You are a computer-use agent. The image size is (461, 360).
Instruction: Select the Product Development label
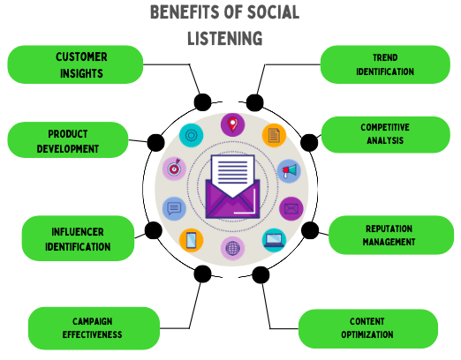tap(67, 140)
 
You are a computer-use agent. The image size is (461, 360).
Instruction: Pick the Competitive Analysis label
tap(384, 133)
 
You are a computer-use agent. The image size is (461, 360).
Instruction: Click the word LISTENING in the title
tap(224, 38)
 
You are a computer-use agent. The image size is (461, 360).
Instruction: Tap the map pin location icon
tap(232, 125)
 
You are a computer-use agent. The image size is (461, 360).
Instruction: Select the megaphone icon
tap(288, 171)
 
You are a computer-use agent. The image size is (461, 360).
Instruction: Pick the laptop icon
tap(274, 239)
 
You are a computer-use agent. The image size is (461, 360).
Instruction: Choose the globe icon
tap(232, 249)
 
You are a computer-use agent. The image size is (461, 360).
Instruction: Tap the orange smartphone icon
tap(192, 239)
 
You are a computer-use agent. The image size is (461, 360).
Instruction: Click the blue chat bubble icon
tap(174, 209)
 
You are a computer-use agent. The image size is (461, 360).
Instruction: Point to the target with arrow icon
tap(174, 167)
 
